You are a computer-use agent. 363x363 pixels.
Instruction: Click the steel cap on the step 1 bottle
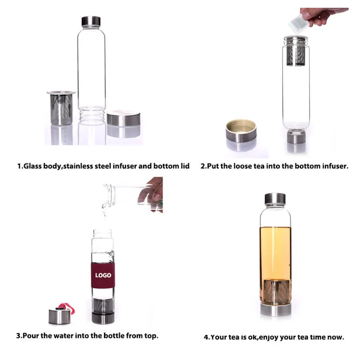pos(91,21)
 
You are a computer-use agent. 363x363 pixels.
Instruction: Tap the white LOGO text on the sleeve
pos(103,275)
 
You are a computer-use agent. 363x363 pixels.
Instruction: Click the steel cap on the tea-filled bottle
pos(275,199)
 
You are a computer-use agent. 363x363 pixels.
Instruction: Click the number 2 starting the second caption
pos(203,166)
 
